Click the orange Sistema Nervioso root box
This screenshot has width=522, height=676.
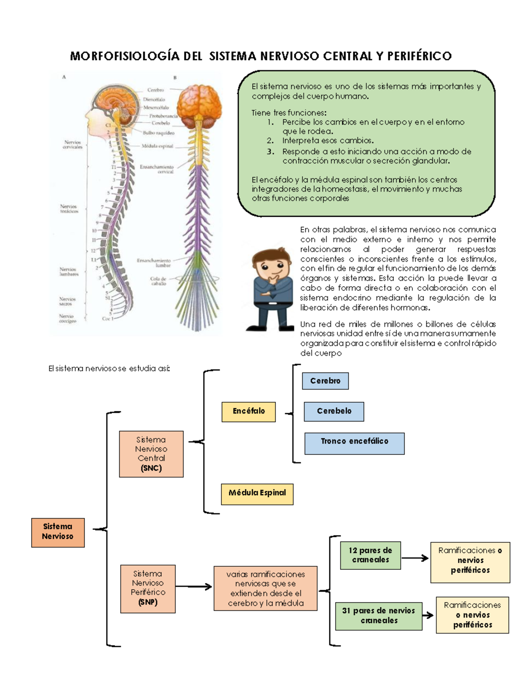(x=58, y=532)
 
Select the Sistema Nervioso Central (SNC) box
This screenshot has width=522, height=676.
(x=151, y=454)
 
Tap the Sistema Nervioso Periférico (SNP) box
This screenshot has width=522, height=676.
(x=148, y=589)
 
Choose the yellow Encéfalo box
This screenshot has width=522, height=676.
(x=248, y=411)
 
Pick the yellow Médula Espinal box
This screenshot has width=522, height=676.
(x=257, y=494)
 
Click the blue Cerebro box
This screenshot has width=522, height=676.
(x=325, y=381)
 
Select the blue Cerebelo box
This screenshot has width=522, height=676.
(x=334, y=411)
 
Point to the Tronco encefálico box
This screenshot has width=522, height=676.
(x=354, y=443)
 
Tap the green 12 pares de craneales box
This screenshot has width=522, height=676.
(x=370, y=555)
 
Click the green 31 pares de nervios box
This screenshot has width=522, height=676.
(x=378, y=615)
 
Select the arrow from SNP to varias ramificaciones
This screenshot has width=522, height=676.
(x=194, y=587)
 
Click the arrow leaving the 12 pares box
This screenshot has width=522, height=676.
(x=415, y=558)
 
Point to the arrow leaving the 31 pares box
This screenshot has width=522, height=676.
(x=428, y=615)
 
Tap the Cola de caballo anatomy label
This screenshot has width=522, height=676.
(x=158, y=281)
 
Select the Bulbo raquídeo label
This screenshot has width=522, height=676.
(x=158, y=133)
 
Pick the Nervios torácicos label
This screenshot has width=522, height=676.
(x=69, y=209)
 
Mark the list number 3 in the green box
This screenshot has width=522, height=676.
(x=271, y=151)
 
